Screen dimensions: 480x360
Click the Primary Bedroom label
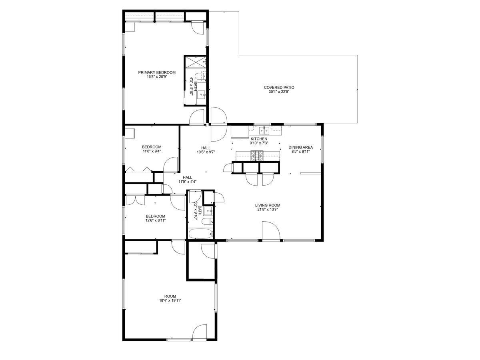click(x=157, y=72)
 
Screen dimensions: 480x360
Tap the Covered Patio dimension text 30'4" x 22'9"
click(x=279, y=92)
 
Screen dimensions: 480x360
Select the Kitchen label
click(x=259, y=139)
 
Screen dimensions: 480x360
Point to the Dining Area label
click(x=300, y=147)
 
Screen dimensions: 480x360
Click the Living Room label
click(x=268, y=205)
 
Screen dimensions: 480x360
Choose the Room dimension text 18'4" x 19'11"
click(x=170, y=300)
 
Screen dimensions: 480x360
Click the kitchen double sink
click(x=264, y=130)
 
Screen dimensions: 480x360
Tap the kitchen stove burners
click(x=257, y=156)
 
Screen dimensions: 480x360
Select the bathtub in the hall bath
click(x=200, y=234)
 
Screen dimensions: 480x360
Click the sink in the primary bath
click(x=201, y=95)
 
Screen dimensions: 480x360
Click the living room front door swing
click(x=271, y=230)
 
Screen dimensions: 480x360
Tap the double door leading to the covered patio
click(x=219, y=124)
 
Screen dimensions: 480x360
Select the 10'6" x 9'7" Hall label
click(x=206, y=150)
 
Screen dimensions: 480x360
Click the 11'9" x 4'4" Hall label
click(x=188, y=180)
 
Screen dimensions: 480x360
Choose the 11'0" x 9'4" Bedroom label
click(x=152, y=149)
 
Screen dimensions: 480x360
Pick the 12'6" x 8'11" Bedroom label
click(x=156, y=218)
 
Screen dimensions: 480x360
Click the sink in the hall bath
click(x=208, y=211)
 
